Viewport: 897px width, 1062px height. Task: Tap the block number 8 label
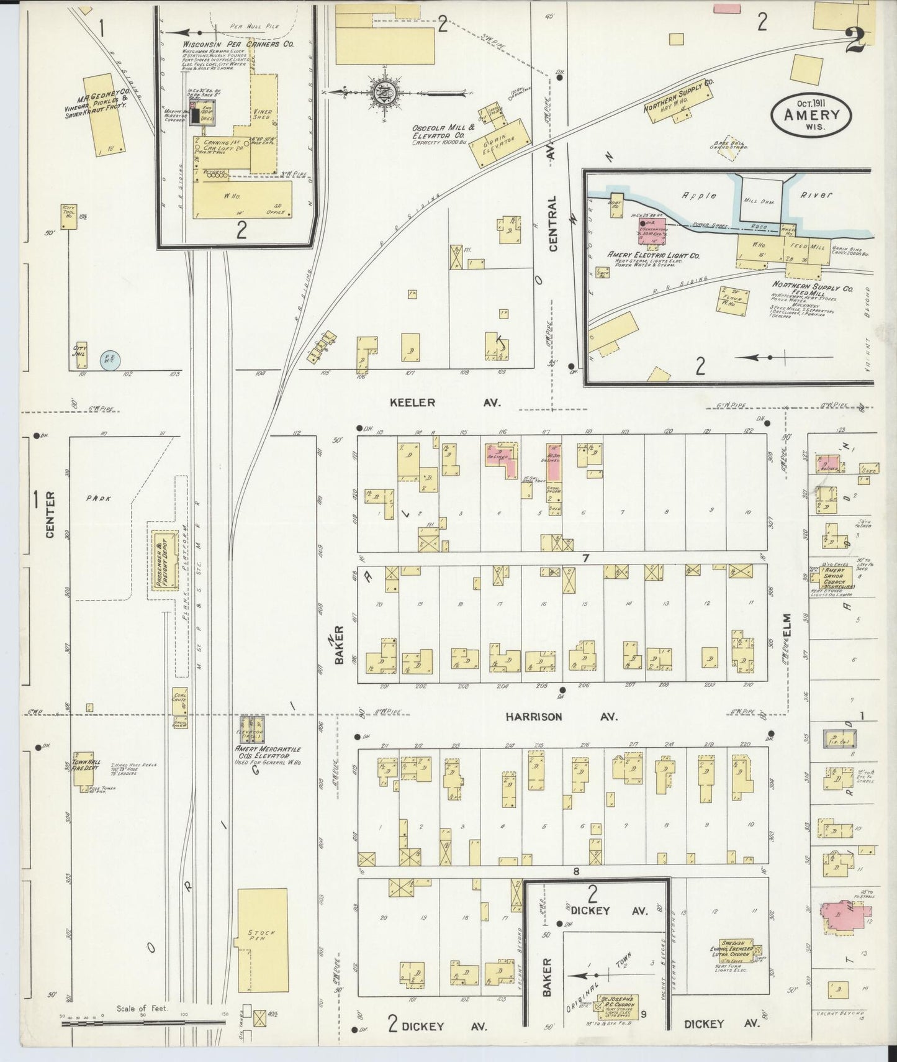[x=576, y=871]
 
